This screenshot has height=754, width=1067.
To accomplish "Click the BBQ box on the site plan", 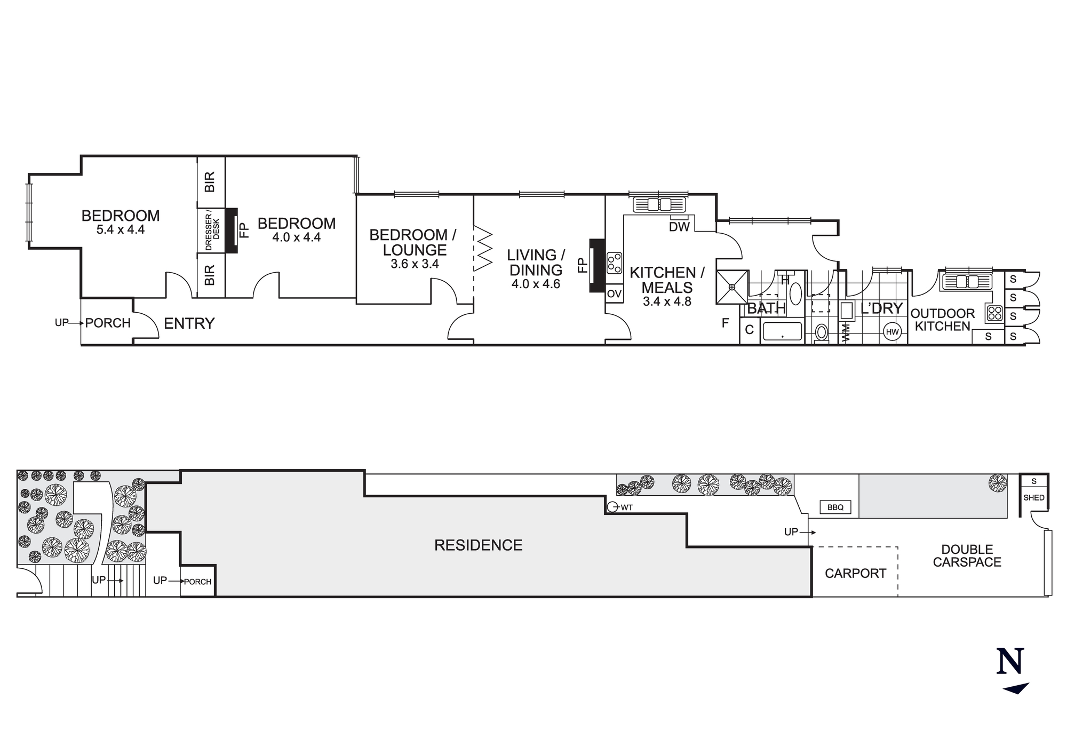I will pos(835,507).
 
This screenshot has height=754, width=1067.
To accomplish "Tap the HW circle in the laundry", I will pos(892,332).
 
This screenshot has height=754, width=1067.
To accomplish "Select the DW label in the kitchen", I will pos(679,227).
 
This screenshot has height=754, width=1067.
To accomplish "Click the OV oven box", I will pos(614,293).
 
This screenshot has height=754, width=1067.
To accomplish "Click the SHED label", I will pos(1033,498).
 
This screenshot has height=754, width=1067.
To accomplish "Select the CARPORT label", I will pos(855,574).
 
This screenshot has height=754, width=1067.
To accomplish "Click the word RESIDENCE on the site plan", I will pos(478,545).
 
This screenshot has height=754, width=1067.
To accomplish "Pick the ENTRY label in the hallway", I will pos(189,323).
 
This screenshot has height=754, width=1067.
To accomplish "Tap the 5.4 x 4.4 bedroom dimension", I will pos(121,230).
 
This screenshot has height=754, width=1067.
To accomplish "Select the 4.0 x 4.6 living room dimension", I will pos(536,284).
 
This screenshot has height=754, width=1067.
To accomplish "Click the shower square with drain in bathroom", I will pos(732,287).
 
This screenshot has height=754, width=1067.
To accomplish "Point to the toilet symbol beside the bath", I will pos(821,332).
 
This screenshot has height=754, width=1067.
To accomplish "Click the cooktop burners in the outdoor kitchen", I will pos(995,313).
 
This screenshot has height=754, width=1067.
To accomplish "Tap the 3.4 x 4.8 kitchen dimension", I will pos(667,301).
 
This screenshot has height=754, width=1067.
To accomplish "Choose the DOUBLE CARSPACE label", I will pos(967,555).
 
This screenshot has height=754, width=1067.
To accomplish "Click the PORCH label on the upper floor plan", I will pos(108,323).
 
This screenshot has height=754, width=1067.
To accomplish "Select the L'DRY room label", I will pos(881,308).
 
